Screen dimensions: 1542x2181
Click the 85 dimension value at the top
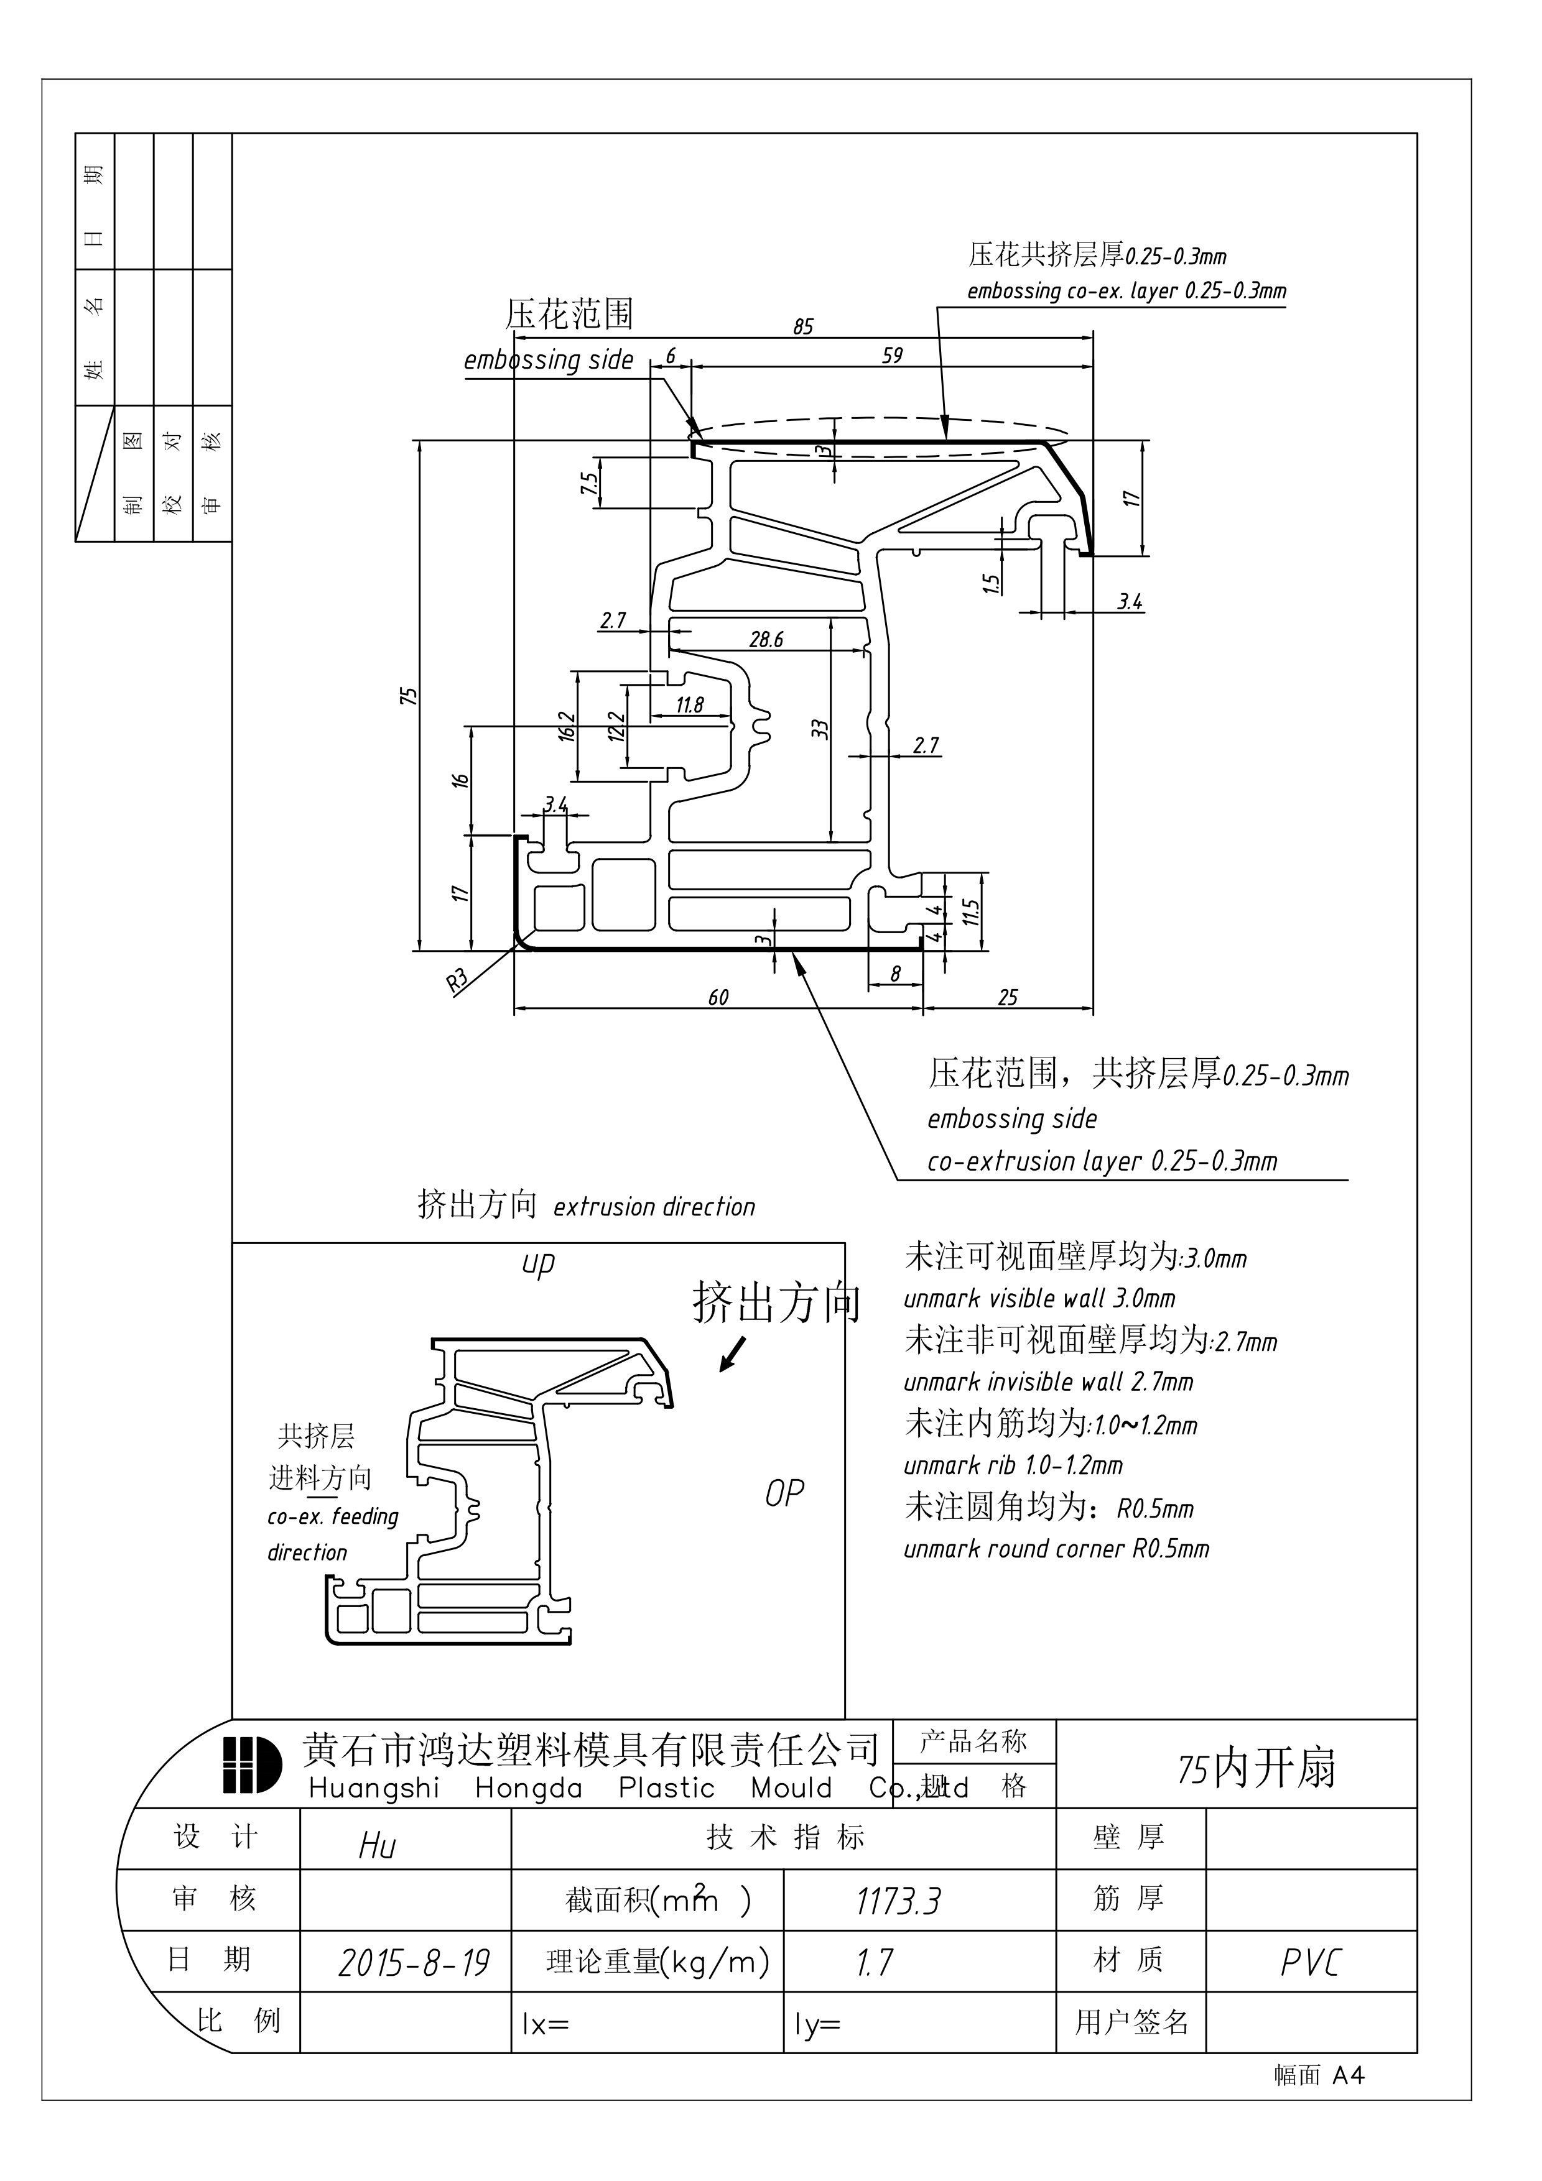click(803, 327)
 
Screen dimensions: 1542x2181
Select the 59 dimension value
click(892, 355)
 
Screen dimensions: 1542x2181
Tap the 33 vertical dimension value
click(820, 729)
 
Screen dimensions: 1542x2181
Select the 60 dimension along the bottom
click(718, 997)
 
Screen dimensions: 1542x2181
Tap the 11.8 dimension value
click(690, 705)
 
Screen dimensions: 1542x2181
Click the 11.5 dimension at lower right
click(970, 913)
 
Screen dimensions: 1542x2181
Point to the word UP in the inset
click(538, 1265)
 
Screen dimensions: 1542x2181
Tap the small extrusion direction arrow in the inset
click(733, 1355)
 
